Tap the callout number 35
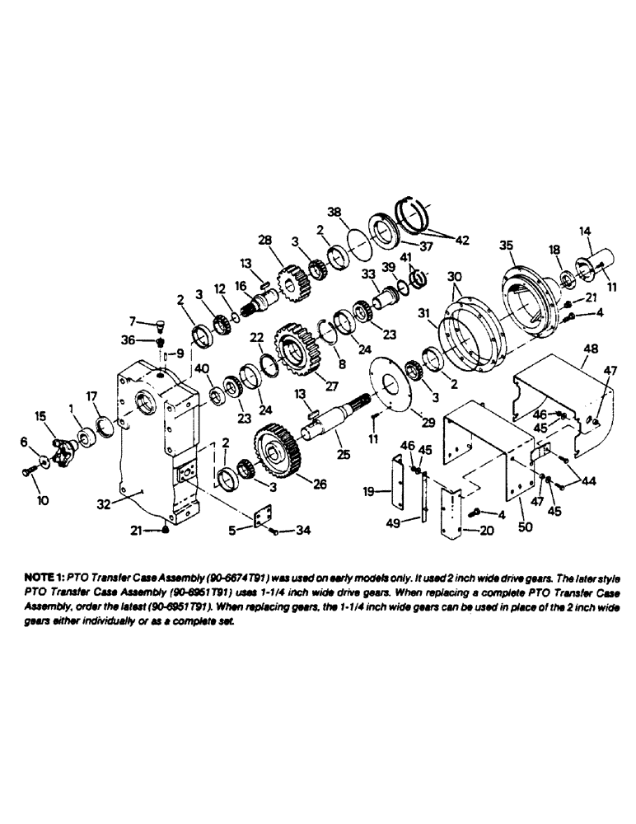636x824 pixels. pos(506,245)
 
